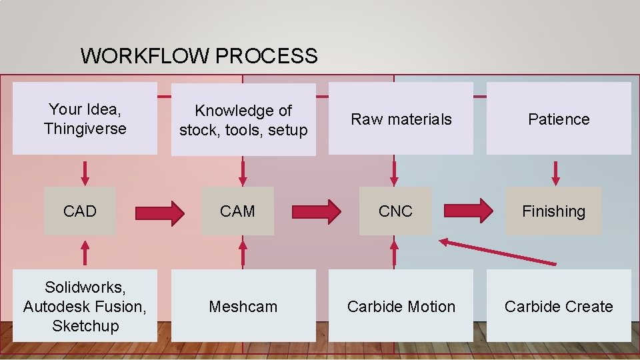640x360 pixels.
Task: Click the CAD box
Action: [79, 211]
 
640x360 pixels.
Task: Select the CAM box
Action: [237, 211]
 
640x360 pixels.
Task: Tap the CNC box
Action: [395, 211]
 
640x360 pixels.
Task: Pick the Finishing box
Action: [553, 211]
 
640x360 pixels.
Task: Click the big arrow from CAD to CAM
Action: [159, 213]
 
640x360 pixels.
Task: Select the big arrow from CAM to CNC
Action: [316, 212]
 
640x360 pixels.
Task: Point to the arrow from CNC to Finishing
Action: [468, 211]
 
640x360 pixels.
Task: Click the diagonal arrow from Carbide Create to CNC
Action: [497, 252]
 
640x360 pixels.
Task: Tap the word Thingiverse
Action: [85, 129]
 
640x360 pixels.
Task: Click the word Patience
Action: [559, 119]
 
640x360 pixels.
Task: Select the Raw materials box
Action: [401, 119]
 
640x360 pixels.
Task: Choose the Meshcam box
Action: [243, 305]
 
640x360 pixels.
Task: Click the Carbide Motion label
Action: [401, 306]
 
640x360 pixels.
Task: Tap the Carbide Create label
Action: [559, 306]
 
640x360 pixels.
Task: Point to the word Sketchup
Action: [86, 326]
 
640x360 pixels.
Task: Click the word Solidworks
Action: [85, 287]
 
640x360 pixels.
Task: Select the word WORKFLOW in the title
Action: [145, 55]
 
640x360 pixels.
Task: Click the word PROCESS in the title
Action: [266, 55]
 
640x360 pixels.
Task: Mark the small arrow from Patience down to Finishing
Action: [555, 173]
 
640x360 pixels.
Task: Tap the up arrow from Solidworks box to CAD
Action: [85, 253]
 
